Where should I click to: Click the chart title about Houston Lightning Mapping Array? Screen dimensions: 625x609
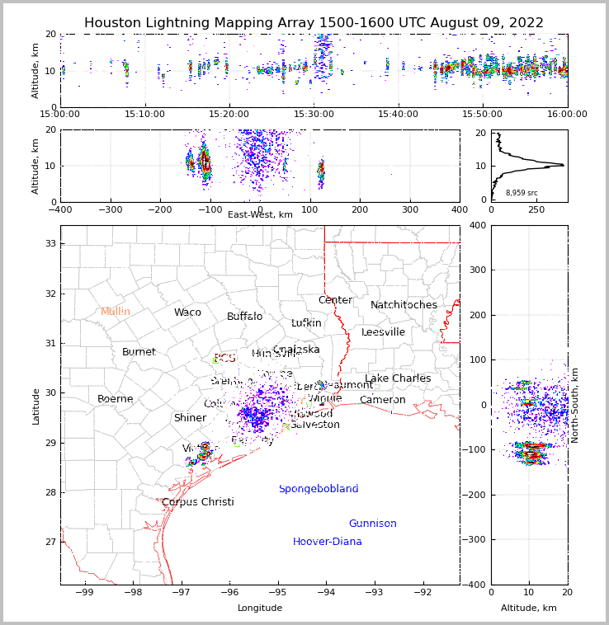pos(314,23)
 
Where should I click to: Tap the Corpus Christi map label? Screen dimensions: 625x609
pos(198,502)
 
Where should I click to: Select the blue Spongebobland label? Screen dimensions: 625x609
pos(319,489)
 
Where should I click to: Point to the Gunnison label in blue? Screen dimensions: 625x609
pos(372,524)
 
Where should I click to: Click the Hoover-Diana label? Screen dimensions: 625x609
pos(328,542)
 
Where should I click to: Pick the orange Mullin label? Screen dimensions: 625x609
pos(116,312)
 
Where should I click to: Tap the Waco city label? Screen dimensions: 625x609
pos(187,312)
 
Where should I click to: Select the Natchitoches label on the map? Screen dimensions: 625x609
pos(404,305)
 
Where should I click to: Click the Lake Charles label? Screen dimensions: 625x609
pos(398,378)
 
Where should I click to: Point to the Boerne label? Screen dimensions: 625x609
pos(116,399)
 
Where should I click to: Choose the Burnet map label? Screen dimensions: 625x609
pos(139,352)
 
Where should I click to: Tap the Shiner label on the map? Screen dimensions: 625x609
pos(190,418)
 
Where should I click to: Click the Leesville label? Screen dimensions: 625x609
pos(383,332)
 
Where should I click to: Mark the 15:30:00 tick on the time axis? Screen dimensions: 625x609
pos(314,114)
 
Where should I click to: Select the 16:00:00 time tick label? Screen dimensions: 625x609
pos(567,114)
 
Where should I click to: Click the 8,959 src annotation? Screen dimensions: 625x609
pos(522,193)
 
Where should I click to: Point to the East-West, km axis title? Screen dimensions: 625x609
pos(260,214)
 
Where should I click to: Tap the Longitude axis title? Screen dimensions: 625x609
pos(260,608)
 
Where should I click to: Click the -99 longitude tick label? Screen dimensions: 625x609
pos(85,591)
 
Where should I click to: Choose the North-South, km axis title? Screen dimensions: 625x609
pos(575,405)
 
